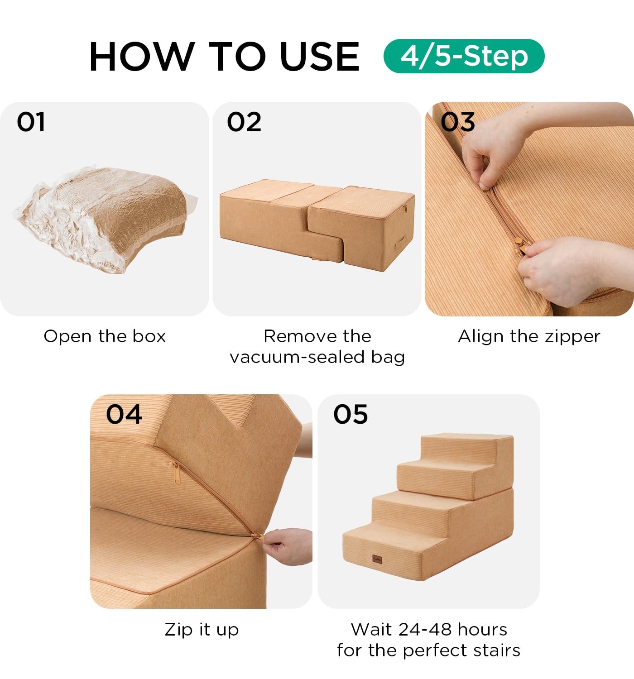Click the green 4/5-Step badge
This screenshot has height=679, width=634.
(x=464, y=56)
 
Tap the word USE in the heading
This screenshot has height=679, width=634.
(x=320, y=57)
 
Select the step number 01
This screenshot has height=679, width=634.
(x=31, y=122)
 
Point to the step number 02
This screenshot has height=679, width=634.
(x=244, y=122)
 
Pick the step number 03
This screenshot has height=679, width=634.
(x=457, y=122)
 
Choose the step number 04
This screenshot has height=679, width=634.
(x=124, y=414)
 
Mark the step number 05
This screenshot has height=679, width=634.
(x=351, y=414)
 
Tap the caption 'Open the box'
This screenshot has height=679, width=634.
(x=105, y=336)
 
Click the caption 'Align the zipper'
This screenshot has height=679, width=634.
(x=529, y=337)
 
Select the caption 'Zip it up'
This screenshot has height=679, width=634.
(x=202, y=630)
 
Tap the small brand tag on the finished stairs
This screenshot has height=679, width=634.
(x=377, y=559)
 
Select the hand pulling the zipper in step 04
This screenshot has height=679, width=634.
(x=288, y=545)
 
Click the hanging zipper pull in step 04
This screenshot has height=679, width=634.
(x=176, y=472)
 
